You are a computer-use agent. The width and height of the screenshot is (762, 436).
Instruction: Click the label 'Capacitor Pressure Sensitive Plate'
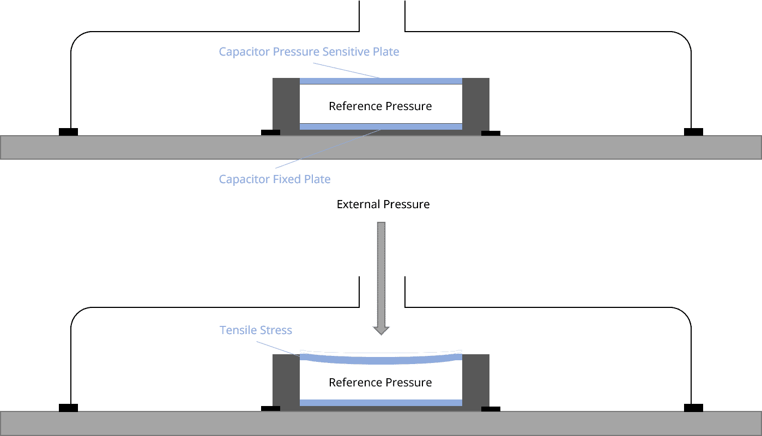coord(309,52)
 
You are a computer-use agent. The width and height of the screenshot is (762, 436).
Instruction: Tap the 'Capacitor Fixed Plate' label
coord(274,179)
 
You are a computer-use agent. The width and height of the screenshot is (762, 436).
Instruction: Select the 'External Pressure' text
coord(383,205)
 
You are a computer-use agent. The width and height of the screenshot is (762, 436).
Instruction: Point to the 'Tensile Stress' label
coord(256,330)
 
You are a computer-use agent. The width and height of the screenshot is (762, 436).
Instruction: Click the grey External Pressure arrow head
coord(382,330)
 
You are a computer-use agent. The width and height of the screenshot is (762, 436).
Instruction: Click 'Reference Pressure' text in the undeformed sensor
coord(380,106)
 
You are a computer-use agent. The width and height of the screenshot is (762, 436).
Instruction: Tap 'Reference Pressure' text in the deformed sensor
coord(380,383)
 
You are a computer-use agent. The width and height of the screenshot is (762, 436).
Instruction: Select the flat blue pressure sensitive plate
coord(380,81)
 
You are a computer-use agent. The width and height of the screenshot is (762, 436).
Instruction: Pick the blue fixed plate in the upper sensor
coord(380,126)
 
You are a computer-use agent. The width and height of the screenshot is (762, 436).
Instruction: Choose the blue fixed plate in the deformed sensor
coord(380,403)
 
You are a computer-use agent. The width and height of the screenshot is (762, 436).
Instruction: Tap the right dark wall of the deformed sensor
coord(475,380)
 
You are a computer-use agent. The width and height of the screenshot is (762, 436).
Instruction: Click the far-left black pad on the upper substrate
coord(68,132)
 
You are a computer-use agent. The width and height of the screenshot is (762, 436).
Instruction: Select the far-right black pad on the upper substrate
coord(693,132)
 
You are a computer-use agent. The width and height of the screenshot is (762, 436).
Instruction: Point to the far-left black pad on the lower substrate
coord(68,408)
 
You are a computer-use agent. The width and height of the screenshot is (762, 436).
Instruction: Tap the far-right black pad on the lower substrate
coord(693,408)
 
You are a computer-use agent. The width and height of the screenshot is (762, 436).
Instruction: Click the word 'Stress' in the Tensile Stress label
coord(275,330)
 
